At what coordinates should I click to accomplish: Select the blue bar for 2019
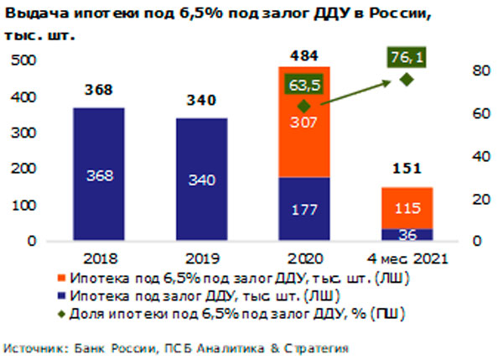(201, 180)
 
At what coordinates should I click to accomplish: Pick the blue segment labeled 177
(304, 209)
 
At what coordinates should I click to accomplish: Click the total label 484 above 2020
(304, 55)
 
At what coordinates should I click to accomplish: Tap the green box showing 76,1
(406, 57)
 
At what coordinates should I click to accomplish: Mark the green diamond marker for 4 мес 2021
(406, 80)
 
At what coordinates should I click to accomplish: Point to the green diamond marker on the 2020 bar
(304, 107)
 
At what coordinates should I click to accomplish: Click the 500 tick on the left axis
(27, 61)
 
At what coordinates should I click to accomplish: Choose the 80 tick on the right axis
(478, 70)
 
